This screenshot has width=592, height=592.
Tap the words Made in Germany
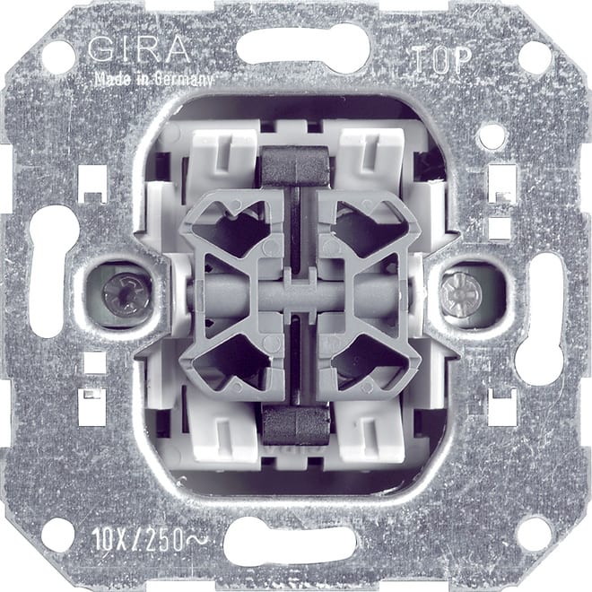tap(153, 78)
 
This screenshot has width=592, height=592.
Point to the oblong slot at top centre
tap(302, 50)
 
